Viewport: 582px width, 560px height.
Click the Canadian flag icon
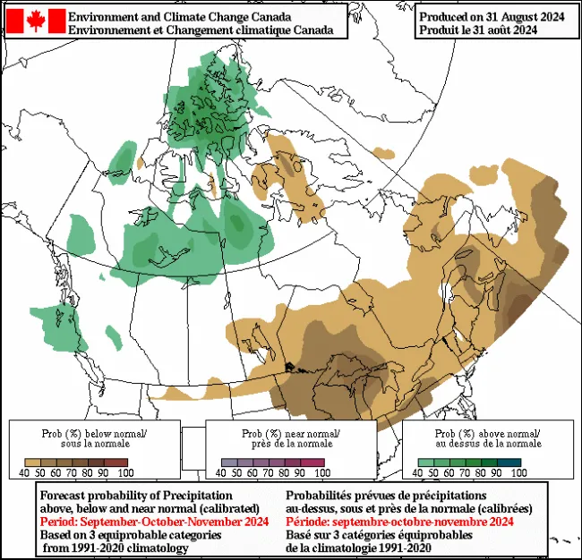point(36,21)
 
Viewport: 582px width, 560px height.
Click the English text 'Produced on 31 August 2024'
point(492,16)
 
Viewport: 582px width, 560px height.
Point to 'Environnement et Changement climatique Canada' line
point(207,30)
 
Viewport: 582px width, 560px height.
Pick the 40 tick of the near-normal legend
point(226,471)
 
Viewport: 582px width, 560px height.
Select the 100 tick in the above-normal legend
point(518,471)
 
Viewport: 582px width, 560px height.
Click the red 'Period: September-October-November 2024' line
point(155,522)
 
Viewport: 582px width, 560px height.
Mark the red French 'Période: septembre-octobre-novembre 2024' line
point(399,522)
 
